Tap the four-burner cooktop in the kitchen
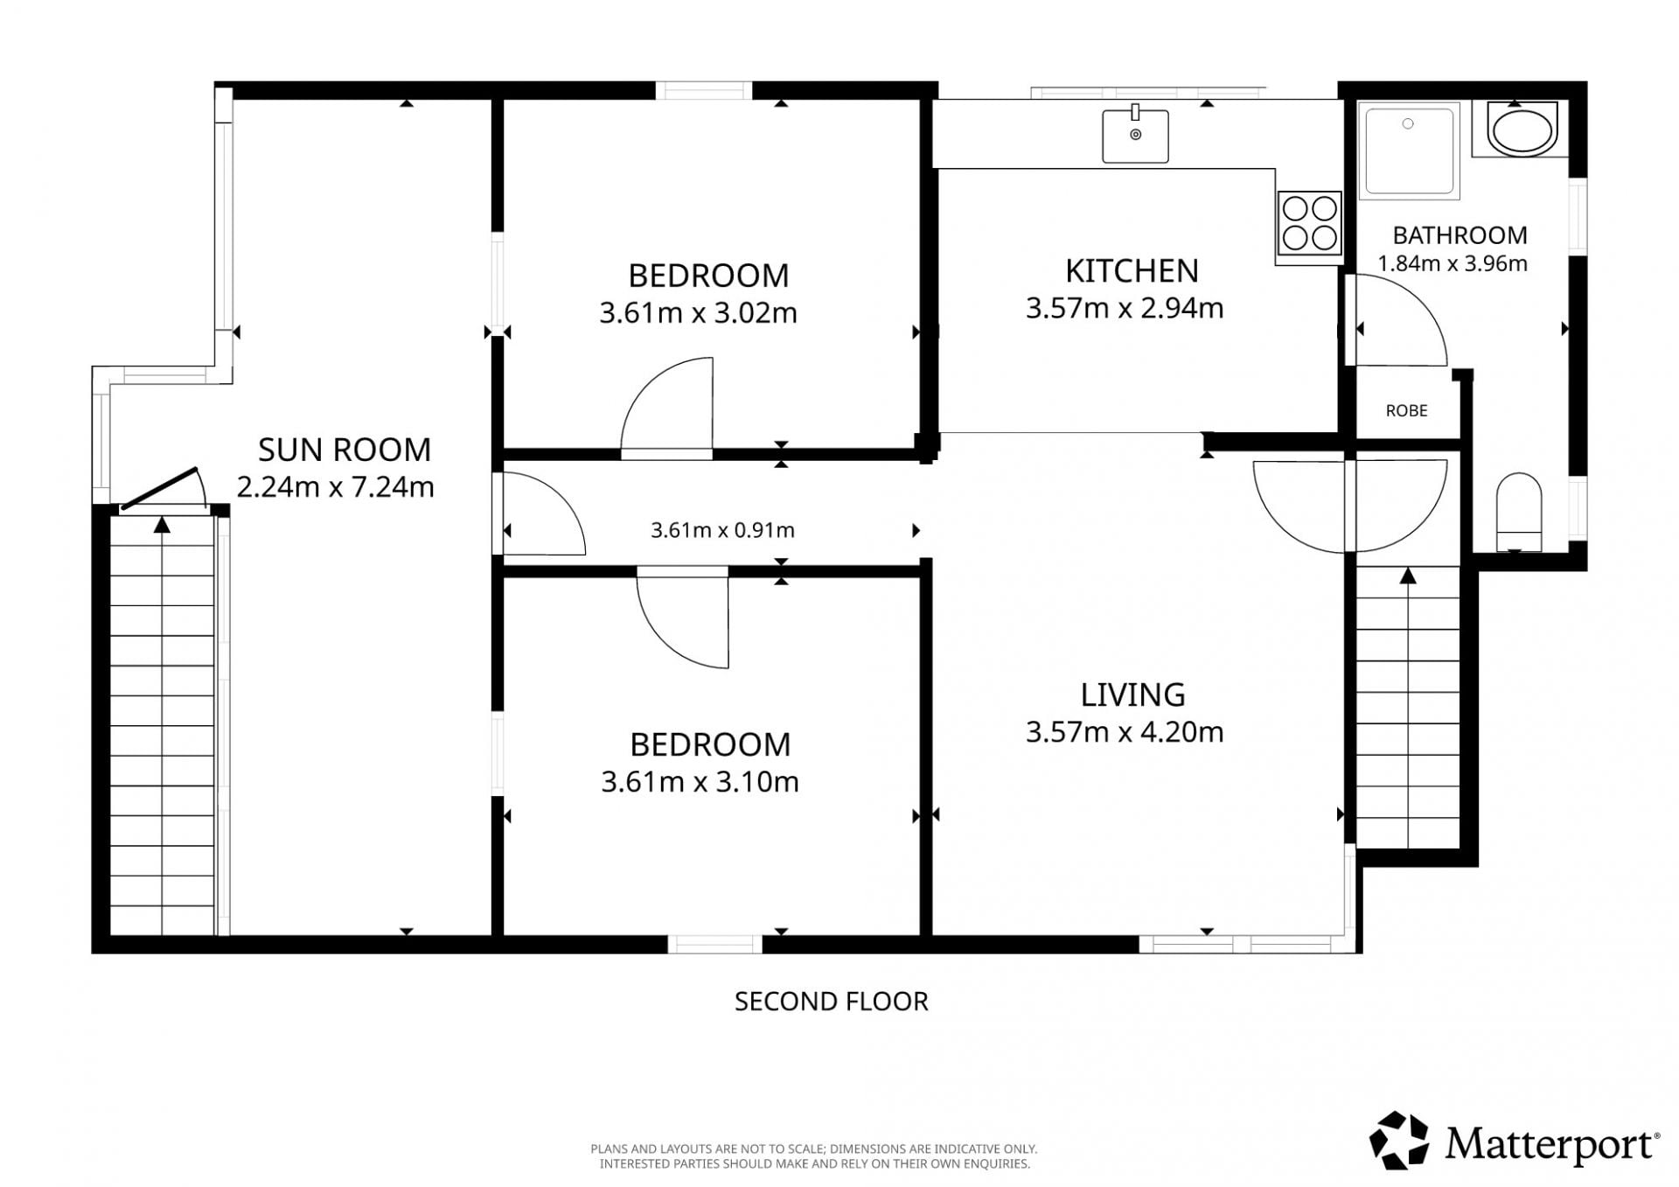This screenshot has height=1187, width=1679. coord(1309,223)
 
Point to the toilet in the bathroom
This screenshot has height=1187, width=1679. coord(1519,513)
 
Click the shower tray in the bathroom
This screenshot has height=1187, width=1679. coord(1409,150)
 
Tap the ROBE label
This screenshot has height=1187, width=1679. coord(1406,410)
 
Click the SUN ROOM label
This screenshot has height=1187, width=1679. coord(345,450)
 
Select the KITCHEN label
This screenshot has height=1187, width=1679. coord(1132,271)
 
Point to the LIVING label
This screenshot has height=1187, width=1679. coord(1132,695)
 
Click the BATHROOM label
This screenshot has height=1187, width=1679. coord(1460,235)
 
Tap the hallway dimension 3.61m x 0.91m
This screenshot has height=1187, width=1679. coord(722,530)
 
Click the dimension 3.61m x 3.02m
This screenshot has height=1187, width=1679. coord(698,312)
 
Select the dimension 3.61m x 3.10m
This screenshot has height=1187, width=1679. coord(700,781)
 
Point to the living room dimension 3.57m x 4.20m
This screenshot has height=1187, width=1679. coord(1125,731)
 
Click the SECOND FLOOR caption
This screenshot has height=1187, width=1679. coord(831,1002)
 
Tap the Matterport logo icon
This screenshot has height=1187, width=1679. coord(1399,1140)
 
